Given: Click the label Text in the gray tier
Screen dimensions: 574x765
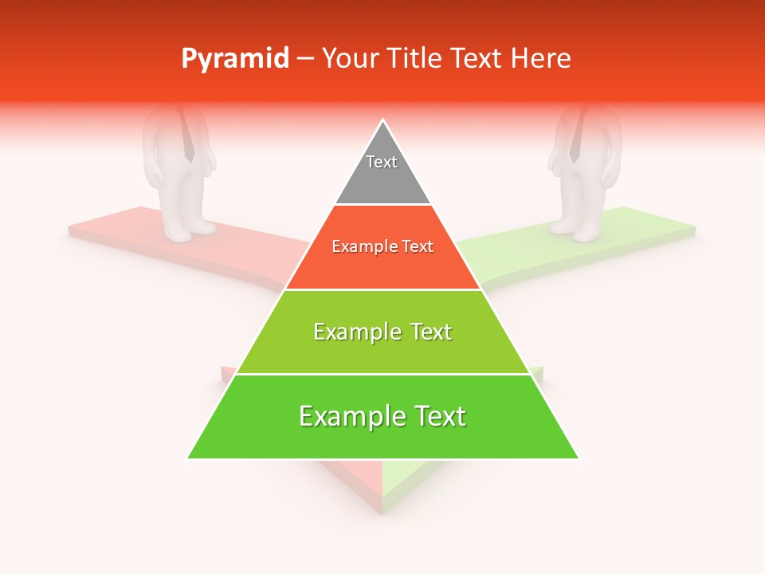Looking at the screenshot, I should click(x=382, y=162).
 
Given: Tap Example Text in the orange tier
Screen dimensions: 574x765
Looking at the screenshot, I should click(x=382, y=246).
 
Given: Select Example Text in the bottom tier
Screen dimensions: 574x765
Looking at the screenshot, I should click(x=382, y=416).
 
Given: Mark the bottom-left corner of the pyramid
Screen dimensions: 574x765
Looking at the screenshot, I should click(x=189, y=458).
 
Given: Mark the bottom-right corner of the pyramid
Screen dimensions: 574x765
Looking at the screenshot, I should click(x=578, y=458).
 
